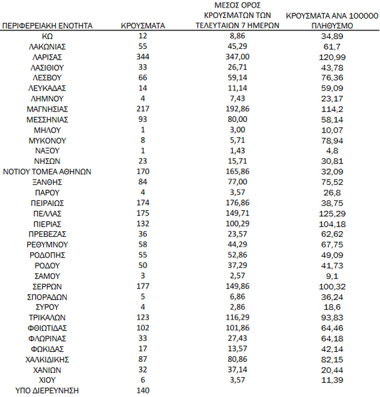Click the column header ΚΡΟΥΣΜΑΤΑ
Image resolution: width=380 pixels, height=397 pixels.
143,26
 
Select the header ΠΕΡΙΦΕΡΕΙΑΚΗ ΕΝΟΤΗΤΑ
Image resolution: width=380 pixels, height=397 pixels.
47,26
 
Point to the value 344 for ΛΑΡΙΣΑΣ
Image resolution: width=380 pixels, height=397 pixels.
143,57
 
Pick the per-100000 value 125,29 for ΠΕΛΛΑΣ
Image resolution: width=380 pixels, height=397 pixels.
332,214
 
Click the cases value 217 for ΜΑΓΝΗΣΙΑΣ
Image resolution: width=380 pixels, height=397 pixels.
143,109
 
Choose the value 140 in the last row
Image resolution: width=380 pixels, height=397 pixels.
143,391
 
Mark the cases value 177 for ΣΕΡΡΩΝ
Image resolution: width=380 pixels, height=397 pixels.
143,287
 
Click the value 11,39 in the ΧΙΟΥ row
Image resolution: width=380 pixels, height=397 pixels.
332,380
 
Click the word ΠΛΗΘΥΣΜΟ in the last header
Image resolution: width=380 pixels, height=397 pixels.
332,26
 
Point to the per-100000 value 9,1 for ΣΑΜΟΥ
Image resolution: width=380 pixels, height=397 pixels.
332,276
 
